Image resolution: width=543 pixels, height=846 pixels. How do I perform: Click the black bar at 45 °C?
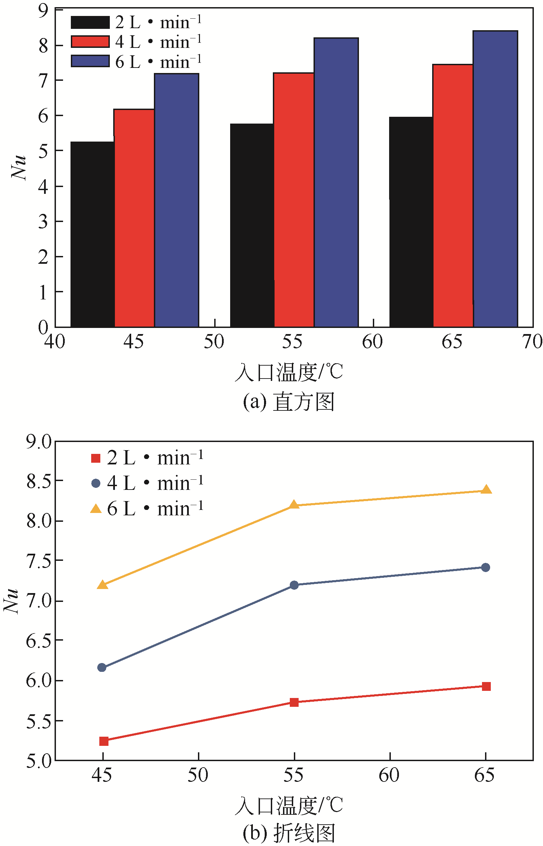tap(93, 235)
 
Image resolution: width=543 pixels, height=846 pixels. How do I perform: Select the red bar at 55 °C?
tap(294, 200)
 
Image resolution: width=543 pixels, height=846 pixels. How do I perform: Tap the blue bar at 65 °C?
tap(496, 179)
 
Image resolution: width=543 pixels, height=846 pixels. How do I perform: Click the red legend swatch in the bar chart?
tap(90, 42)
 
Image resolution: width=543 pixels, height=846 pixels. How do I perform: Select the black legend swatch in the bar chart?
tap(90, 22)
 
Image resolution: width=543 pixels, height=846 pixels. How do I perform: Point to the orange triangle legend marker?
tap(96, 509)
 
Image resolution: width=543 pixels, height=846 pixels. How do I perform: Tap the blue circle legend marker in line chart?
tap(96, 483)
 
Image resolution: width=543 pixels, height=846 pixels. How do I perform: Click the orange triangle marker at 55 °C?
tap(294, 504)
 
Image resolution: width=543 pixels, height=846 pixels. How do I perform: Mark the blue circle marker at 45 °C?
tap(102, 667)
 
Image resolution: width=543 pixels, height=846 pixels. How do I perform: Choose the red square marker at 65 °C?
tap(486, 686)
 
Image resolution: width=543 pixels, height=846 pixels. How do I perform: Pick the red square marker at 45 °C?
tap(104, 741)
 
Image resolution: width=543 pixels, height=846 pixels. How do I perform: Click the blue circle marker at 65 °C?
tap(485, 567)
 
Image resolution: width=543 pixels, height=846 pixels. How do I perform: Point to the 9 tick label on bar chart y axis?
tap(43, 11)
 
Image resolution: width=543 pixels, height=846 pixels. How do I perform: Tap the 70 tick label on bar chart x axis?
tap(532, 342)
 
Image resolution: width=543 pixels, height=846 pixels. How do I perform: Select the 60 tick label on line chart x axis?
tap(389, 775)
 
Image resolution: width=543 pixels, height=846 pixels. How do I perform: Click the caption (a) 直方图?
tap(288, 402)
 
